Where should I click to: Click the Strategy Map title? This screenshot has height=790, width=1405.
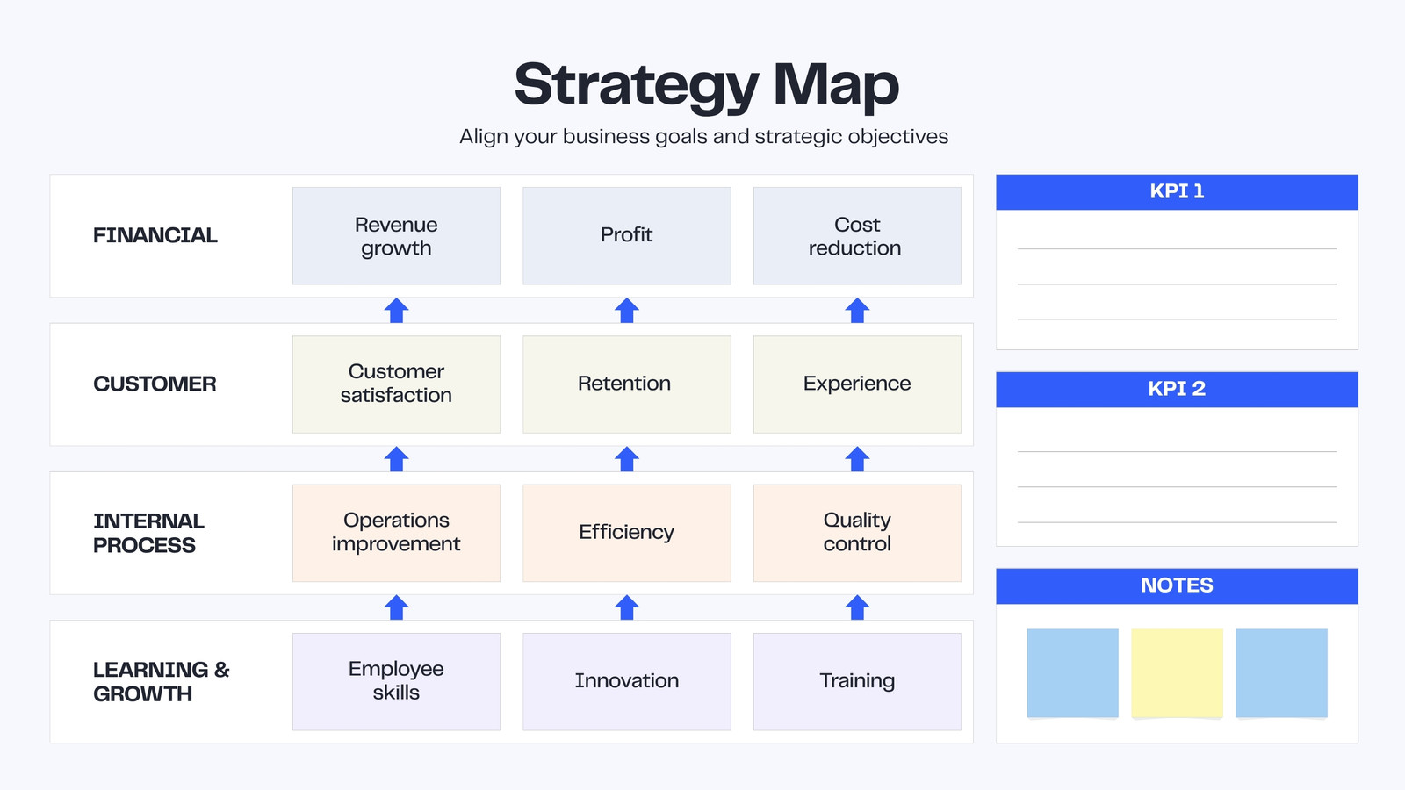click(707, 86)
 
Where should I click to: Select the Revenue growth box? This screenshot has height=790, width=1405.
click(396, 236)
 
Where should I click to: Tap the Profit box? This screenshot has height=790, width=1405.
click(627, 236)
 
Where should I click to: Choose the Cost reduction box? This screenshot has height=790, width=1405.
click(857, 236)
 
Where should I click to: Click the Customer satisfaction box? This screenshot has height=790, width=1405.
click(396, 384)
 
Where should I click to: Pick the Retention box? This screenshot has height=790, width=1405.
click(627, 384)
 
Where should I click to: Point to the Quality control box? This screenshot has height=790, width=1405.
click(857, 533)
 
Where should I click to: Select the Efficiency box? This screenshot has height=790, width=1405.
click(627, 533)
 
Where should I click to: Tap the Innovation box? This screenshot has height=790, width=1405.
click(627, 681)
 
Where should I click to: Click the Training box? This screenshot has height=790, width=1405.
click(857, 681)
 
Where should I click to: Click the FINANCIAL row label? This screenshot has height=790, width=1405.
click(155, 235)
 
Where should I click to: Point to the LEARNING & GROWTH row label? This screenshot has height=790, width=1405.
click(162, 681)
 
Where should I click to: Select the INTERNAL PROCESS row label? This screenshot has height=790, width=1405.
click(148, 533)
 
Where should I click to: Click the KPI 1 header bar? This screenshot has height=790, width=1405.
click(1178, 192)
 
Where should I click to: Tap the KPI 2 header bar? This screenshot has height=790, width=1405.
click(1178, 390)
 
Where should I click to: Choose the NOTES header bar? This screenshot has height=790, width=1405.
click(1178, 586)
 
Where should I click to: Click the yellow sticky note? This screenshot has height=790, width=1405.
click(1178, 672)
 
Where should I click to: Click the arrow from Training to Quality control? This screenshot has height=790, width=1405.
click(857, 607)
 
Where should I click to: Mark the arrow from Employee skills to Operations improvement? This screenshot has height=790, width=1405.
click(396, 607)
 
